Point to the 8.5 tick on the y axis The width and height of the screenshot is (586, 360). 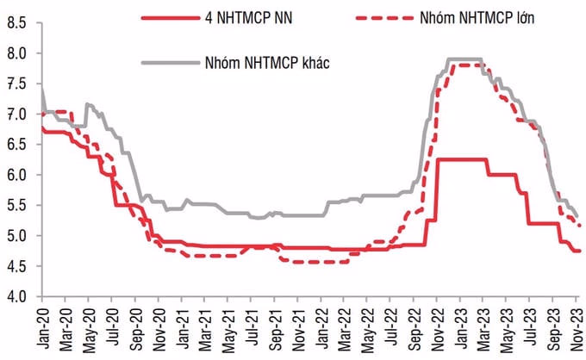[x=15, y=23]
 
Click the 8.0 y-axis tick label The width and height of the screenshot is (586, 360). [x=15, y=53]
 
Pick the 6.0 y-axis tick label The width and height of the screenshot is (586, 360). [x=15, y=175]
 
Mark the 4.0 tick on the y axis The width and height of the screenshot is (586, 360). [x=15, y=296]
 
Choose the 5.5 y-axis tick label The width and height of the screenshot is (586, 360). [x=15, y=205]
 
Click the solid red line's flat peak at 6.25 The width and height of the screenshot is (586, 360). [x=462, y=159]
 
